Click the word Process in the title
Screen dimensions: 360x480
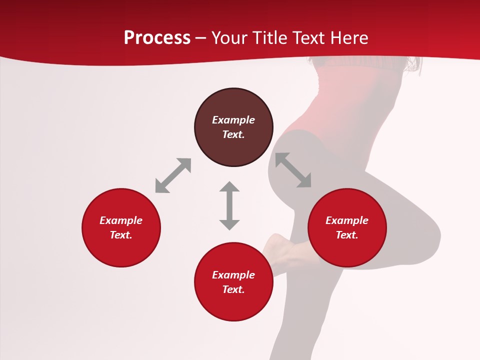(x=157, y=38)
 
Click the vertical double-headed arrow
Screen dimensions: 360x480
(x=229, y=205)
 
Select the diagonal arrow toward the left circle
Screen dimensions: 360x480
(x=173, y=175)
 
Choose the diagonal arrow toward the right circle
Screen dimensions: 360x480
(x=293, y=170)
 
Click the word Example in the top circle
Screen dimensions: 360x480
(x=233, y=120)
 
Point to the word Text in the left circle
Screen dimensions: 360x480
(x=121, y=235)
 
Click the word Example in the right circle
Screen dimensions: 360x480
(x=347, y=220)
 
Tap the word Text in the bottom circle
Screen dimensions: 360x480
(x=233, y=289)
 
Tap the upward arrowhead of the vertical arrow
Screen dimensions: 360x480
(x=229, y=187)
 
